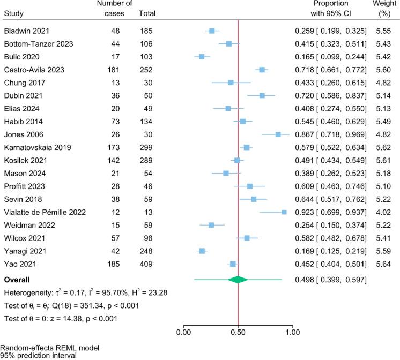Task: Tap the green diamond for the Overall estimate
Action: pos(238,279)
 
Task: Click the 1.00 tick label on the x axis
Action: pos(293,332)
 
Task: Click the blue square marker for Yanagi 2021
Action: pos(202,251)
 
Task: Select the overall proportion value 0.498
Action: pos(304,279)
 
